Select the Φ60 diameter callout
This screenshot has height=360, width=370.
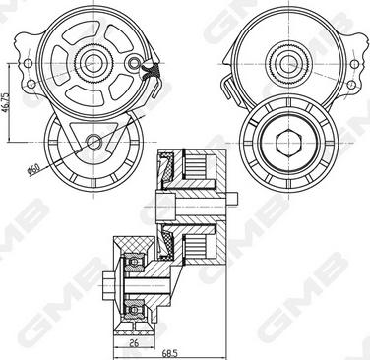pyautogui.click(x=33, y=170)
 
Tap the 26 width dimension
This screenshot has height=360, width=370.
pyautogui.click(x=134, y=343)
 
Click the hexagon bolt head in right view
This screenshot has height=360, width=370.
pyautogui.click(x=288, y=143)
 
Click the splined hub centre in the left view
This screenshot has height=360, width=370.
pyautogui.click(x=93, y=63)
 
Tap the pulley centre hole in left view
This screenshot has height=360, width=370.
pyautogui.click(x=93, y=142)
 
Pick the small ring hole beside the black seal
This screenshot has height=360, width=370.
pyautogui.click(x=134, y=62)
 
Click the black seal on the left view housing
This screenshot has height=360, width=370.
pyautogui.click(x=151, y=69)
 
